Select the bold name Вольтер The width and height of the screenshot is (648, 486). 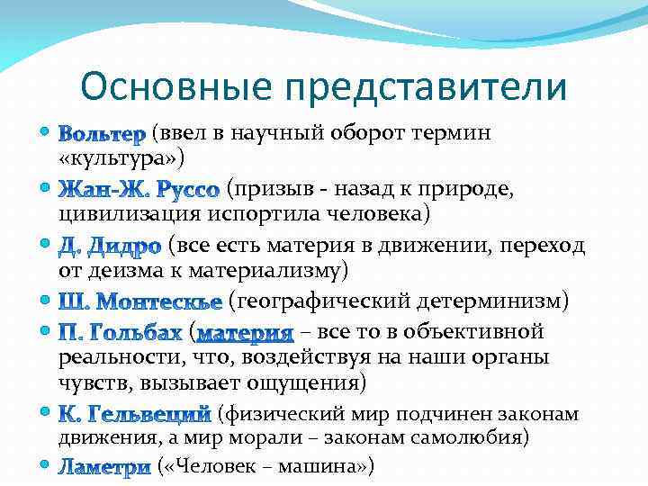[101, 136]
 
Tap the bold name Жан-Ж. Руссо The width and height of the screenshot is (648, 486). [139, 190]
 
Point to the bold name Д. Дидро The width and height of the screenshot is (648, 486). [110, 245]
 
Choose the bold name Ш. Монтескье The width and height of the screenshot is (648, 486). [139, 300]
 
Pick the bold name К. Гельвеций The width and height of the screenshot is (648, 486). [135, 416]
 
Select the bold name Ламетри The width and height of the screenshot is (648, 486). [104, 466]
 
